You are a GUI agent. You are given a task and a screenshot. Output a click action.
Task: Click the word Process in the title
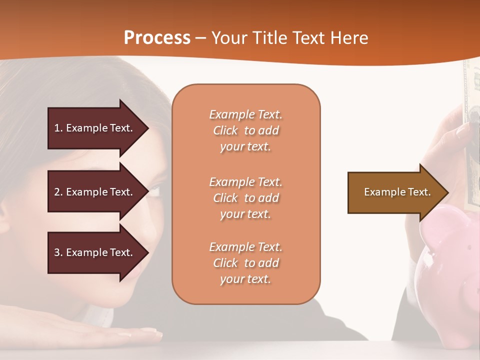[x=157, y=38]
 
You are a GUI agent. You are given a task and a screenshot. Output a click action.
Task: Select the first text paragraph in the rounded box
[x=245, y=130]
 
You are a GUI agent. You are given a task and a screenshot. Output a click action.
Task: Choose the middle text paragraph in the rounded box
[x=245, y=198]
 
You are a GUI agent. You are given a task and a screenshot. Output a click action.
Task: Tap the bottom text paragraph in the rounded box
[x=245, y=263]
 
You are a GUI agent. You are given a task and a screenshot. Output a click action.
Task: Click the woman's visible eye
[x=155, y=190]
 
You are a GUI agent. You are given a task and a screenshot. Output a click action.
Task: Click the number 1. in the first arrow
[x=58, y=128]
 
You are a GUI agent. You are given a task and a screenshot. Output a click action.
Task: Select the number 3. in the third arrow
[x=58, y=252]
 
